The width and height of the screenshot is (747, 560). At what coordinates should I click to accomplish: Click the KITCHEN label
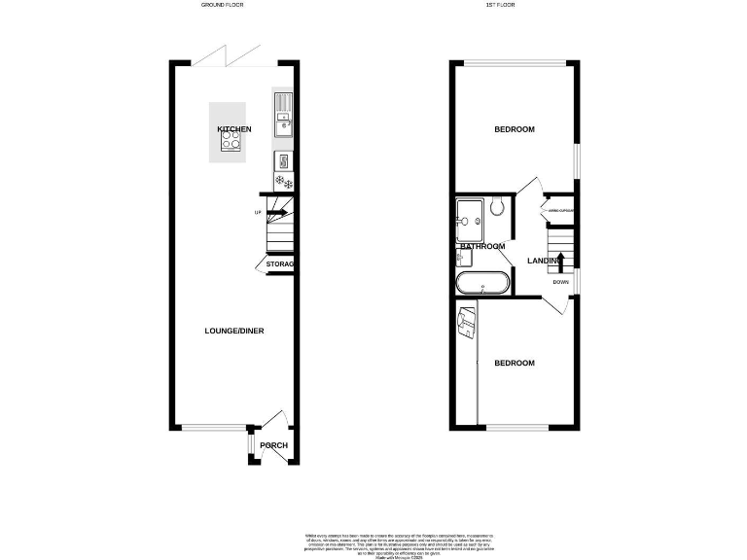tap(233, 129)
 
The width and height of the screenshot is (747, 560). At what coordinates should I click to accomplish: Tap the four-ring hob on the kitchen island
tap(232, 143)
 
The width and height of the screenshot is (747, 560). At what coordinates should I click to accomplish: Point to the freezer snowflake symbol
tap(283, 181)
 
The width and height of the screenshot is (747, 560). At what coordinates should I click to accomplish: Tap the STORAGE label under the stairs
tap(280, 264)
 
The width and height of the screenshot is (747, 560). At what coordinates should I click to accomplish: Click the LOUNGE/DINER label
tap(233, 331)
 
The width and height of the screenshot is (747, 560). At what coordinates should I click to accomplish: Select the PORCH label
tap(273, 446)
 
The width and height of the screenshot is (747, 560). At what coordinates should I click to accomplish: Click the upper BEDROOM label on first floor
tap(514, 129)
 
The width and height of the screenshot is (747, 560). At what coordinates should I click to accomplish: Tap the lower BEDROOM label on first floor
tap(514, 363)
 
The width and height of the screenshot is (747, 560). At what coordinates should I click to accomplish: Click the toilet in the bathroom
tap(496, 206)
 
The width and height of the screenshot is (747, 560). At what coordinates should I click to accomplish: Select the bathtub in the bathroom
tap(480, 284)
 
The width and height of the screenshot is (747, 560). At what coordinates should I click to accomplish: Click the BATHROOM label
tap(481, 247)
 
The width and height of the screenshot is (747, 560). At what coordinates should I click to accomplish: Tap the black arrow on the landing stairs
tap(560, 261)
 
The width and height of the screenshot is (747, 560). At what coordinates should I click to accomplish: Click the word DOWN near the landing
tap(560, 283)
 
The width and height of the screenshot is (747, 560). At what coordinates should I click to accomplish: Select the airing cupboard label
tap(560, 211)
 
